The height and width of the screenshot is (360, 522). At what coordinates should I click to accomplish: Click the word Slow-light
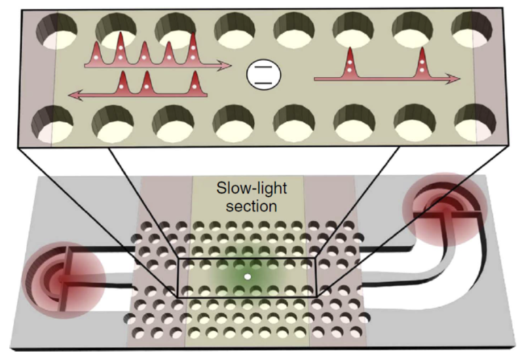pos(251,188)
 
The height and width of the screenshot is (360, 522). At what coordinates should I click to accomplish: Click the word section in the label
pos(251,206)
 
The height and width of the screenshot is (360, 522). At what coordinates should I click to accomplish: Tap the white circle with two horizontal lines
pos(263,74)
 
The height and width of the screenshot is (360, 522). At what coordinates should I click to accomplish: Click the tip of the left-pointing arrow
pos(69,95)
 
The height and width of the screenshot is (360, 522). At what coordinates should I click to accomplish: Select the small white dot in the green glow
pos(247,276)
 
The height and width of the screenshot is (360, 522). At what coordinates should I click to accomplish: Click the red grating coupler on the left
pos(63,280)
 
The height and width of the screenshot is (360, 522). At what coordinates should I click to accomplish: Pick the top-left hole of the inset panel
pos(56,31)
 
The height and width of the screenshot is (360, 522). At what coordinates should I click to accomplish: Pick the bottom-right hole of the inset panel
pos(475,122)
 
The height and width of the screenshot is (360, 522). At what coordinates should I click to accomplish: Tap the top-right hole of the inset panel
pos(472,29)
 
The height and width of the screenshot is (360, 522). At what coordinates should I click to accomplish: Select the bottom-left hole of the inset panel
pos(52,124)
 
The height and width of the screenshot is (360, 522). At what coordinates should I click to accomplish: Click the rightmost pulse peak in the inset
pos(422,63)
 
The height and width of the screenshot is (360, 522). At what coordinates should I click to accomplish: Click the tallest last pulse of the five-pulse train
pos(193,50)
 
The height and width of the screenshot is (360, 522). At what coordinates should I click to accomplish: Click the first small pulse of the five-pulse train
pos(96,53)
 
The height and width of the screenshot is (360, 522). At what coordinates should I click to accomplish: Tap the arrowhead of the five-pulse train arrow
pos(225,65)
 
